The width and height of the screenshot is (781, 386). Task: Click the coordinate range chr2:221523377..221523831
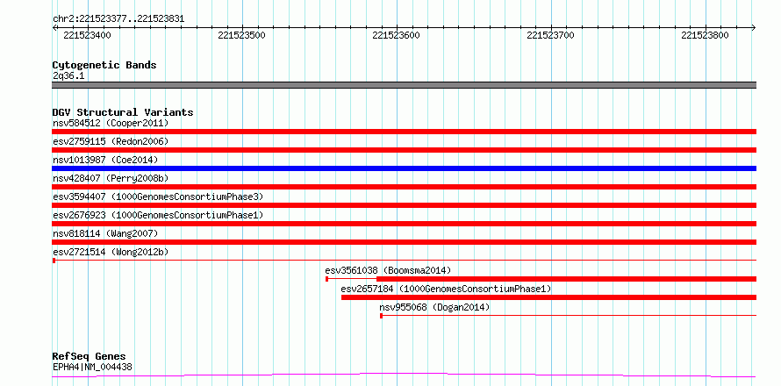pos(118,19)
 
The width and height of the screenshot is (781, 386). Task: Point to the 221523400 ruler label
pos(88,35)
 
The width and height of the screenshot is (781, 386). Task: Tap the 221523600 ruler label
pos(396,35)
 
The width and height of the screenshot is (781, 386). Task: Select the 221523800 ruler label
pos(705,35)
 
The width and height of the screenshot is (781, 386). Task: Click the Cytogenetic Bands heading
pos(104,65)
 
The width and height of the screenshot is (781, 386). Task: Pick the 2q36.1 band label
pos(68,76)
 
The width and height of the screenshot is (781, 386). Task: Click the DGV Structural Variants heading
pos(123,112)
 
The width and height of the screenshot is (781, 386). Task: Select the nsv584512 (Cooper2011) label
pos(111,123)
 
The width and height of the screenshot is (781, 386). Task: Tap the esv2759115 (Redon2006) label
pos(111,141)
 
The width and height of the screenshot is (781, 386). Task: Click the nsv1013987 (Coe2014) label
pos(105,160)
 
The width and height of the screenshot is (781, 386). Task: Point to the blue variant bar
pos(404,168)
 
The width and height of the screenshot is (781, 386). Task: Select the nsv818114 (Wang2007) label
pos(105,233)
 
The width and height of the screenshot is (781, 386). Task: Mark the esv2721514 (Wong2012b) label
pos(111,252)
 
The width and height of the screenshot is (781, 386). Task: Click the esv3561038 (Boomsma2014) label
pos(388,270)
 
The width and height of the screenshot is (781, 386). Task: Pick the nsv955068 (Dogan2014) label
pos(434,307)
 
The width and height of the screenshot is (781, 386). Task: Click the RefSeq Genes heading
pos(90,357)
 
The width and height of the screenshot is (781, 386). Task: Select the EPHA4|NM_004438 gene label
pos(92,368)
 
